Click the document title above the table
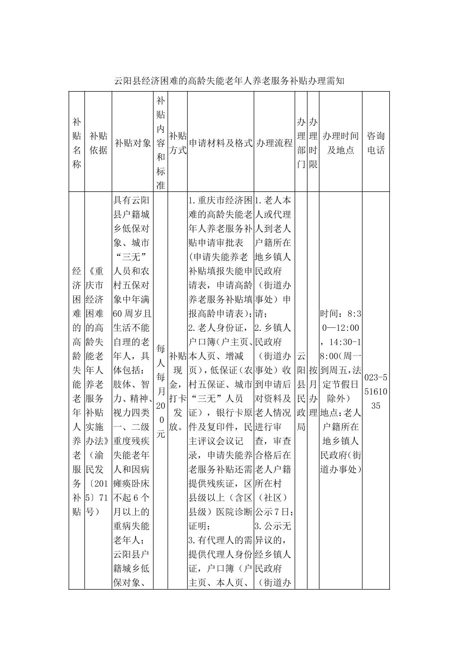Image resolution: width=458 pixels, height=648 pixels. [x=229, y=81]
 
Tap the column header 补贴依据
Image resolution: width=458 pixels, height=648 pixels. [x=98, y=143]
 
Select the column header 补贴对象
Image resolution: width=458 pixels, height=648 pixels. [x=133, y=143]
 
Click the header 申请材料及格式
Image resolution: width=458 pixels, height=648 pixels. [x=220, y=143]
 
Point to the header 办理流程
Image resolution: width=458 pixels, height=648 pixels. [x=274, y=143]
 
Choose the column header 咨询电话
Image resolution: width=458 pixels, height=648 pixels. [x=376, y=143]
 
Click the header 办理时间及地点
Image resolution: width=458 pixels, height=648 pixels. [x=340, y=143]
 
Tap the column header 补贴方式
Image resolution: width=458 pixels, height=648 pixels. [x=177, y=143]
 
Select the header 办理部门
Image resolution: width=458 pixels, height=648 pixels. [x=301, y=143]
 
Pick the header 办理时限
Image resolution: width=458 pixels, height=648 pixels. [x=313, y=143]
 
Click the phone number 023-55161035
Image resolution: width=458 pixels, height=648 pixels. [x=376, y=391]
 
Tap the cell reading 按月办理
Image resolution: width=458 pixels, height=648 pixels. [x=313, y=391]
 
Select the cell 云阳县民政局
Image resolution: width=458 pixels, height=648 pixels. [x=301, y=391]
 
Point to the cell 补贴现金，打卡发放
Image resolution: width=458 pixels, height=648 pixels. [x=177, y=391]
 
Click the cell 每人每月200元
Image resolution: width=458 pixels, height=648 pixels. [x=161, y=391]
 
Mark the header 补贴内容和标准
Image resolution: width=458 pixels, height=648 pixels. [x=161, y=143]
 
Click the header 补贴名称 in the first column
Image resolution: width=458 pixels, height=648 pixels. [x=77, y=143]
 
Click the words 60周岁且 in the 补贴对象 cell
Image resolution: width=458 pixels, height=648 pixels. [x=132, y=314]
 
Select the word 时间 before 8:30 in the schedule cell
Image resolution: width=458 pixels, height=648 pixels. [x=329, y=314]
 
